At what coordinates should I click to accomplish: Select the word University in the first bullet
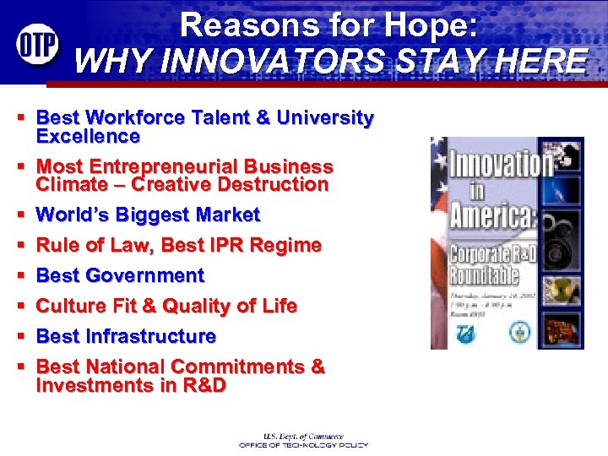[x=323, y=118]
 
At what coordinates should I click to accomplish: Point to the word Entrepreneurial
[x=165, y=167]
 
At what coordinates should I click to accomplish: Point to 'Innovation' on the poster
[x=500, y=163]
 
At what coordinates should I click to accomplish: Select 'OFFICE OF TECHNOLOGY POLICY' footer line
[x=303, y=444]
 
